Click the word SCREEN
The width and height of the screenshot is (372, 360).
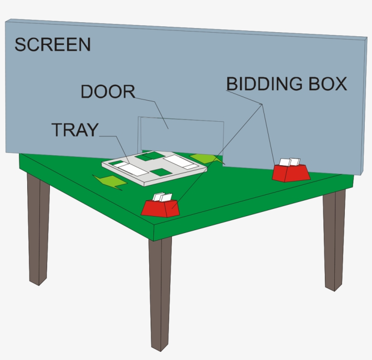pos(53,44)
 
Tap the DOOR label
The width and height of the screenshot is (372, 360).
pos(108,91)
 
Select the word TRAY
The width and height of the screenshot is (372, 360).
pos(75,130)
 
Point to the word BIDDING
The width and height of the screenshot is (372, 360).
pos(264,84)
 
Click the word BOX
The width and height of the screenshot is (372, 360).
pos(328,84)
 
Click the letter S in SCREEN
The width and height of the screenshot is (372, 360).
pos(20,44)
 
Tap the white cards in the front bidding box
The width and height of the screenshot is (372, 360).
pos(162,197)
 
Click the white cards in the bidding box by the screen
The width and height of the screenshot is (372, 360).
pos(289,162)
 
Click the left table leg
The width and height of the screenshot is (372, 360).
pos(39,229)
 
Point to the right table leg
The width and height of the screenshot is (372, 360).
pos(334,240)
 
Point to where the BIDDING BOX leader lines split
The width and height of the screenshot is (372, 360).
pos(262,104)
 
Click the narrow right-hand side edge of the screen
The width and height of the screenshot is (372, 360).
pos(364,106)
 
